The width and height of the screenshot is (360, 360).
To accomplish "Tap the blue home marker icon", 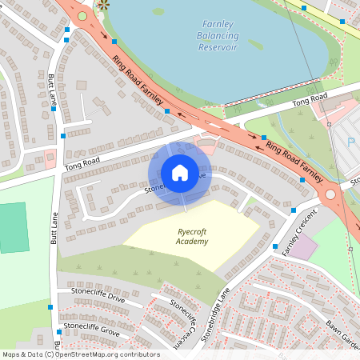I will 180,173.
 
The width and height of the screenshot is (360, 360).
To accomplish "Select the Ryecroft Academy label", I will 192,237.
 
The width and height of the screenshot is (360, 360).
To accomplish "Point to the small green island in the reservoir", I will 158,12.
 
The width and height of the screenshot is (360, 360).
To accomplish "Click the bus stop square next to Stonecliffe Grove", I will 59,331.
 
